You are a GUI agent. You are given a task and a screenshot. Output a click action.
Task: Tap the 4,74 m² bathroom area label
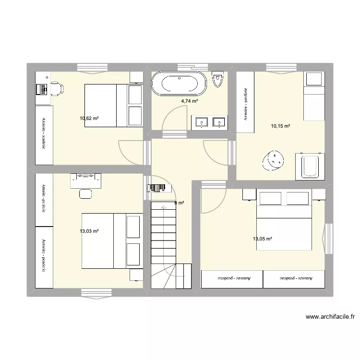click(189, 101)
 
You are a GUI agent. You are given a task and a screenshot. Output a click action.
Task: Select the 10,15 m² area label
click(280, 126)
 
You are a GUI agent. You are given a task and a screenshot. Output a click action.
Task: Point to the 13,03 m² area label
click(89, 231)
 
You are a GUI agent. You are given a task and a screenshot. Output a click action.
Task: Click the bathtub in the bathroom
click(179, 84)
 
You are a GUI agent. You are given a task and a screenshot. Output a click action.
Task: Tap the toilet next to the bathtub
click(218, 79)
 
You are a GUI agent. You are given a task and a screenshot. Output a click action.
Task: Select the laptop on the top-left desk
click(41, 89)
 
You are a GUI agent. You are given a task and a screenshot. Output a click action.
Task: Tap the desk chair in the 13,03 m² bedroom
click(86, 193)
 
